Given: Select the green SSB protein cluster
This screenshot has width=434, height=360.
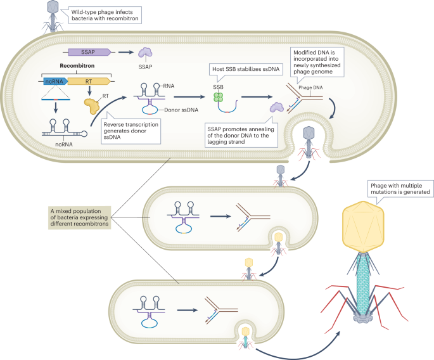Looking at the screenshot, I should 218,98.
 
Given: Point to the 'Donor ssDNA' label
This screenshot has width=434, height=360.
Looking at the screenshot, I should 169,110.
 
